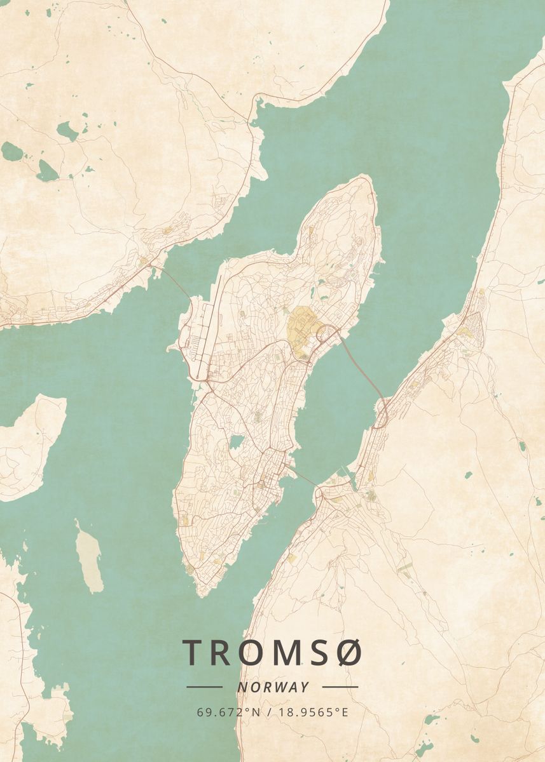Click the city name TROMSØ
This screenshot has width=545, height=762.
coord(272,652)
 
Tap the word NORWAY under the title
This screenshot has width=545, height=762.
coord(273,687)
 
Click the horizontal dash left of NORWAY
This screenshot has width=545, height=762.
coord(204,687)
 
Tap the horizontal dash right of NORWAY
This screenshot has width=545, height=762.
coord(340,687)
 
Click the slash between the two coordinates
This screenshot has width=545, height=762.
coord(268,712)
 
